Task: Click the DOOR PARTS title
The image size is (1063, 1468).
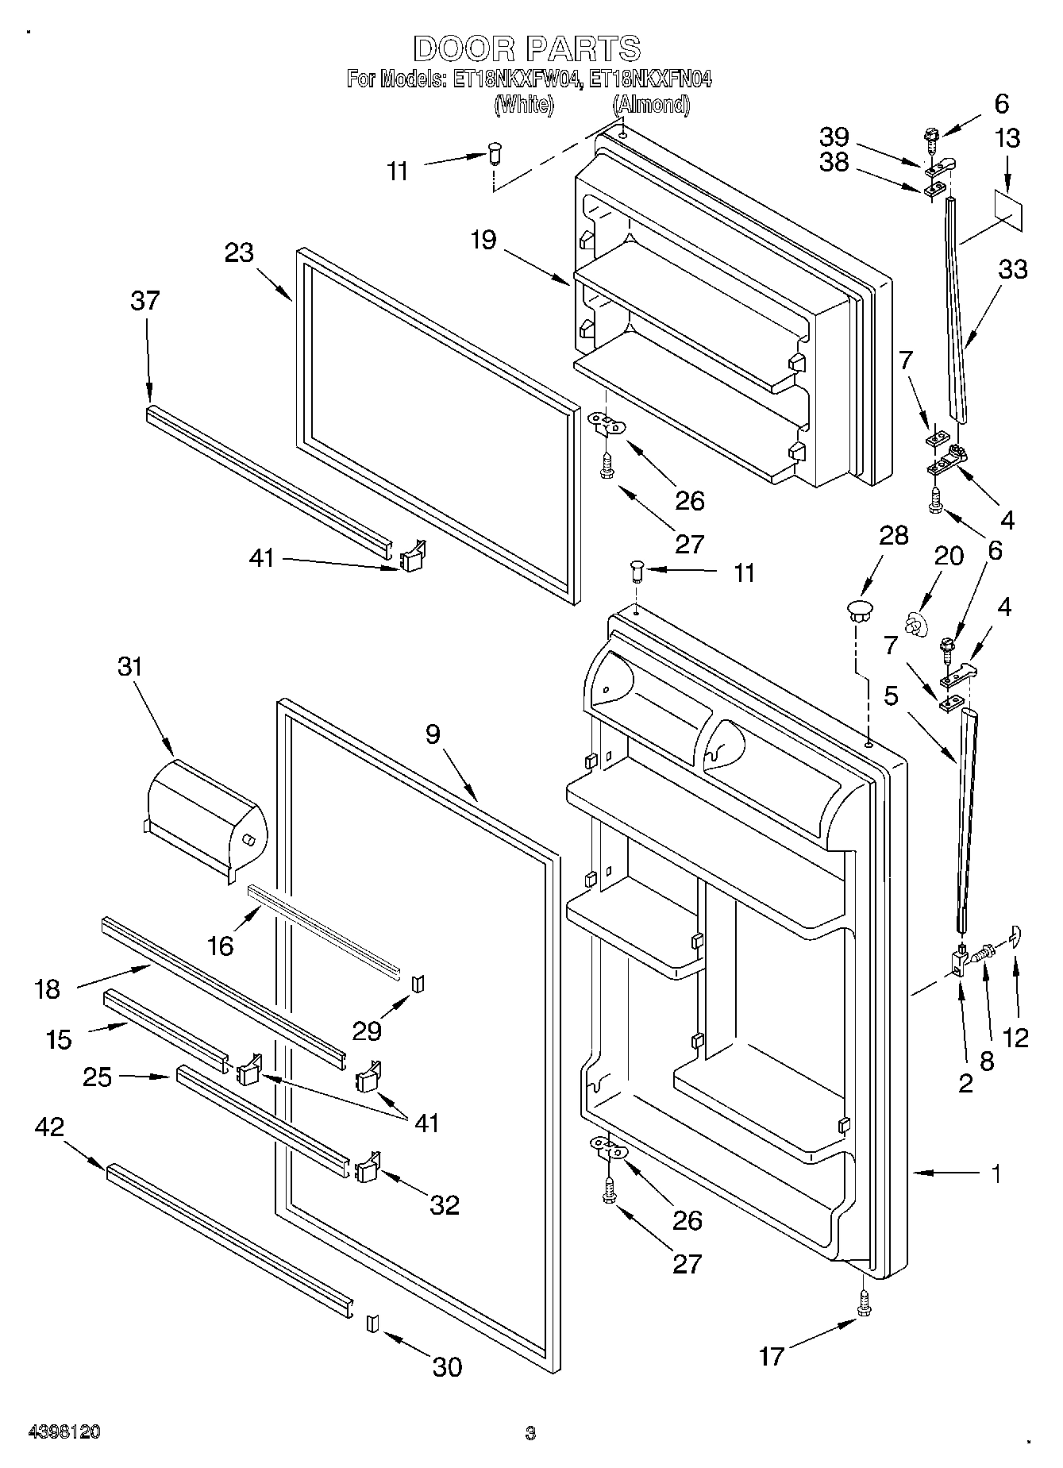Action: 526,49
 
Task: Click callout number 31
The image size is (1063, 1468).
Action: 129,667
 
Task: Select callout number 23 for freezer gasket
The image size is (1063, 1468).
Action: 239,253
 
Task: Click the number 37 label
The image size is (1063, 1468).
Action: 145,302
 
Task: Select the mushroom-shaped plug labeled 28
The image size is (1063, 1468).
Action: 857,611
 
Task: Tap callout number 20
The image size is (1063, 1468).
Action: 948,556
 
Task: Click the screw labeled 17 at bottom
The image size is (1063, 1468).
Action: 864,1300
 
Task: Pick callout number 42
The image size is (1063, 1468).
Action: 49,1127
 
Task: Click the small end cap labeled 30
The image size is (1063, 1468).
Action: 370,1323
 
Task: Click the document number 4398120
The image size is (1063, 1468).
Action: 64,1432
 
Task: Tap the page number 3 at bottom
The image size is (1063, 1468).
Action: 530,1433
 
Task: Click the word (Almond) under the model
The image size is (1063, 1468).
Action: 651,104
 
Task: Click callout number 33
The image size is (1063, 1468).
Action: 1012,270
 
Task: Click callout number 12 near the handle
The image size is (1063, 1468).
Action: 1015,1037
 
